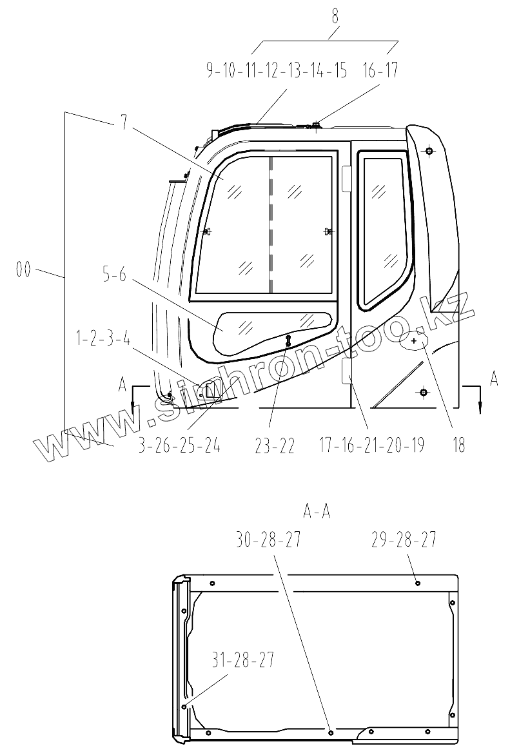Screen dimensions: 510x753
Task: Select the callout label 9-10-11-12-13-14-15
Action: (277, 70)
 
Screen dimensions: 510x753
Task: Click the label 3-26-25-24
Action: (179, 445)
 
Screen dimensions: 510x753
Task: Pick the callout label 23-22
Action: (275, 445)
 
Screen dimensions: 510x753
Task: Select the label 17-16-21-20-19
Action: (372, 445)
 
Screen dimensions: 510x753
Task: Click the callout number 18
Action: (458, 445)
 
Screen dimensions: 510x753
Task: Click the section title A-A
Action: (317, 512)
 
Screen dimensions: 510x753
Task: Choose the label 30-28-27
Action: (269, 541)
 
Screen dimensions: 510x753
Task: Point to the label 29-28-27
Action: (404, 540)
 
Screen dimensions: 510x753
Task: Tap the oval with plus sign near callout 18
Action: (414, 339)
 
